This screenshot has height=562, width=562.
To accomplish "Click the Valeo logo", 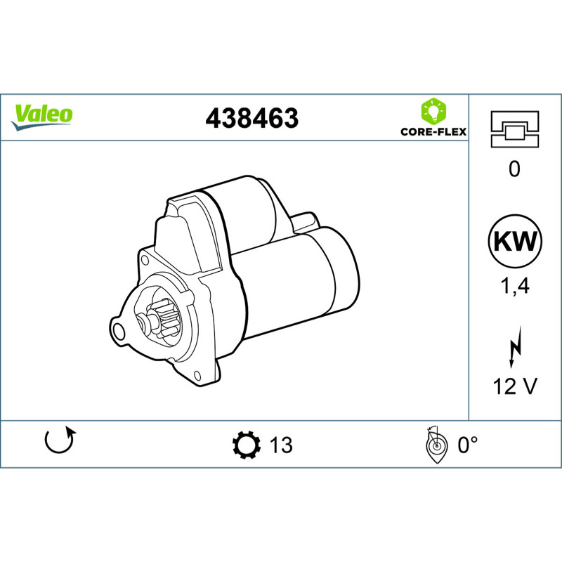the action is pyautogui.click(x=41, y=117).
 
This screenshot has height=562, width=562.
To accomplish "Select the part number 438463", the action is pyautogui.click(x=251, y=118).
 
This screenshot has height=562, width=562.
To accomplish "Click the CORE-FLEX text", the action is pyautogui.click(x=433, y=132).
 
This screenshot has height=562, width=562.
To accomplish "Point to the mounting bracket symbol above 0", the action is pyautogui.click(x=515, y=129).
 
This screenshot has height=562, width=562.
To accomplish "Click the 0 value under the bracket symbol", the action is pyautogui.click(x=514, y=169).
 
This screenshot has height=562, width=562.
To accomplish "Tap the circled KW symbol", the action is pyautogui.click(x=515, y=241).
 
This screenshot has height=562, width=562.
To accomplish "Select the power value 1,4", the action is pyautogui.click(x=515, y=287).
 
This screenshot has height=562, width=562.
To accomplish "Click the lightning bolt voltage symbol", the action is pyautogui.click(x=515, y=347).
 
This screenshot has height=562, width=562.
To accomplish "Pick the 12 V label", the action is pyautogui.click(x=515, y=386).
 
